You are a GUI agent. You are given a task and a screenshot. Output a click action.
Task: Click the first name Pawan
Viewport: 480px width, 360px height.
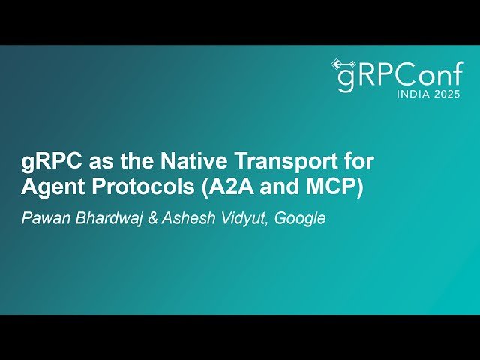point(43,220)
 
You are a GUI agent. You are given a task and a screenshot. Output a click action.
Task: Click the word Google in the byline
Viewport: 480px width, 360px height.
point(300,220)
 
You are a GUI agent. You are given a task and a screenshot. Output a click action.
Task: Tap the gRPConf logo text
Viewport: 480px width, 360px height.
point(397,76)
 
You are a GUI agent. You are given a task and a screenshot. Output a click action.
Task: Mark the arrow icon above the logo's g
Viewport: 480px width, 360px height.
point(343,63)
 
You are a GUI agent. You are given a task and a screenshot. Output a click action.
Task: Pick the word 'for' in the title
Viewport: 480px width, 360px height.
point(358,161)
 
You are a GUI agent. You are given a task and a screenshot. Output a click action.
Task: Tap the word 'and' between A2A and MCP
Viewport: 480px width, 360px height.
point(280,187)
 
